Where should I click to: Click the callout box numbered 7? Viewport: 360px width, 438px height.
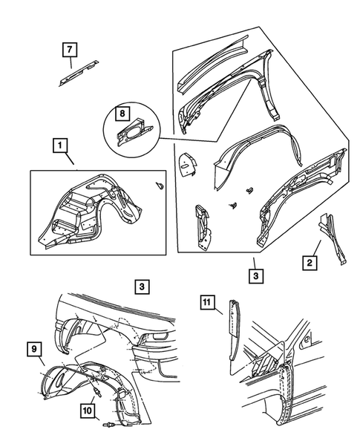[70, 50]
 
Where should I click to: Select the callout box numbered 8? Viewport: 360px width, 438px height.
[122, 114]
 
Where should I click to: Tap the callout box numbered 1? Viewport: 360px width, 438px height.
[60, 146]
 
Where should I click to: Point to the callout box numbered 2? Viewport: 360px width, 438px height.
[310, 263]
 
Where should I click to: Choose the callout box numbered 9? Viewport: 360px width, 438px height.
[34, 349]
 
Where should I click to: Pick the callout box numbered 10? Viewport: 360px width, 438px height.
[87, 411]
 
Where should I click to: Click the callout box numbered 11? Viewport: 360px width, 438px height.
[206, 302]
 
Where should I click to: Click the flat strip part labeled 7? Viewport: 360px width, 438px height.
[79, 73]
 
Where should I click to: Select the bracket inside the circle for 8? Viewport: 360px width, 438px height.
[134, 132]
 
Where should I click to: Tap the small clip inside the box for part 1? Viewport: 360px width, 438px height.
[160, 186]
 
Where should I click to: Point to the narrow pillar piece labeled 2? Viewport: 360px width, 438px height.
[333, 239]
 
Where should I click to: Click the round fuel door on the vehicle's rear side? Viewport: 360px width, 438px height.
[307, 340]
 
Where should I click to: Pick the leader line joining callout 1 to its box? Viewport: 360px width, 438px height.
[70, 158]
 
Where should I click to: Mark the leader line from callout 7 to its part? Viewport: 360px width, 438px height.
[71, 62]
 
